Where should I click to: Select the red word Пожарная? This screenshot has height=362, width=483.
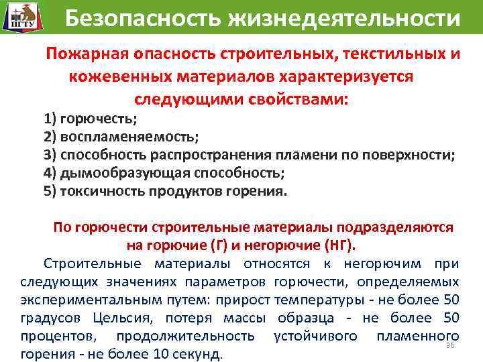pos(87,54)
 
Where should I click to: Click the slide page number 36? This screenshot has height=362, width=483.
pos(450,345)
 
